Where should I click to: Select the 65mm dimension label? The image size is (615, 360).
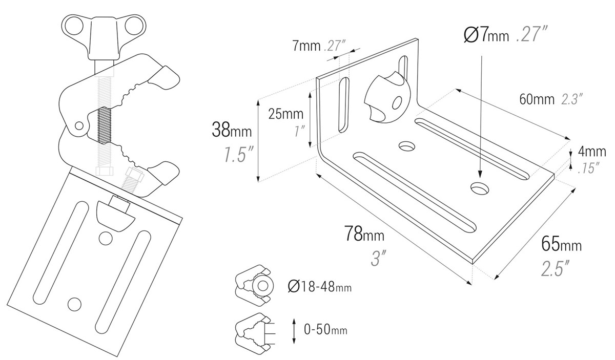[x=561, y=244]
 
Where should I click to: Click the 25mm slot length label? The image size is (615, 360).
[x=286, y=114]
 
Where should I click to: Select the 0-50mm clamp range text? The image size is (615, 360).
[x=325, y=330]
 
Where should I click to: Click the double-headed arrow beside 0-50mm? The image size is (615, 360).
[x=294, y=330]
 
